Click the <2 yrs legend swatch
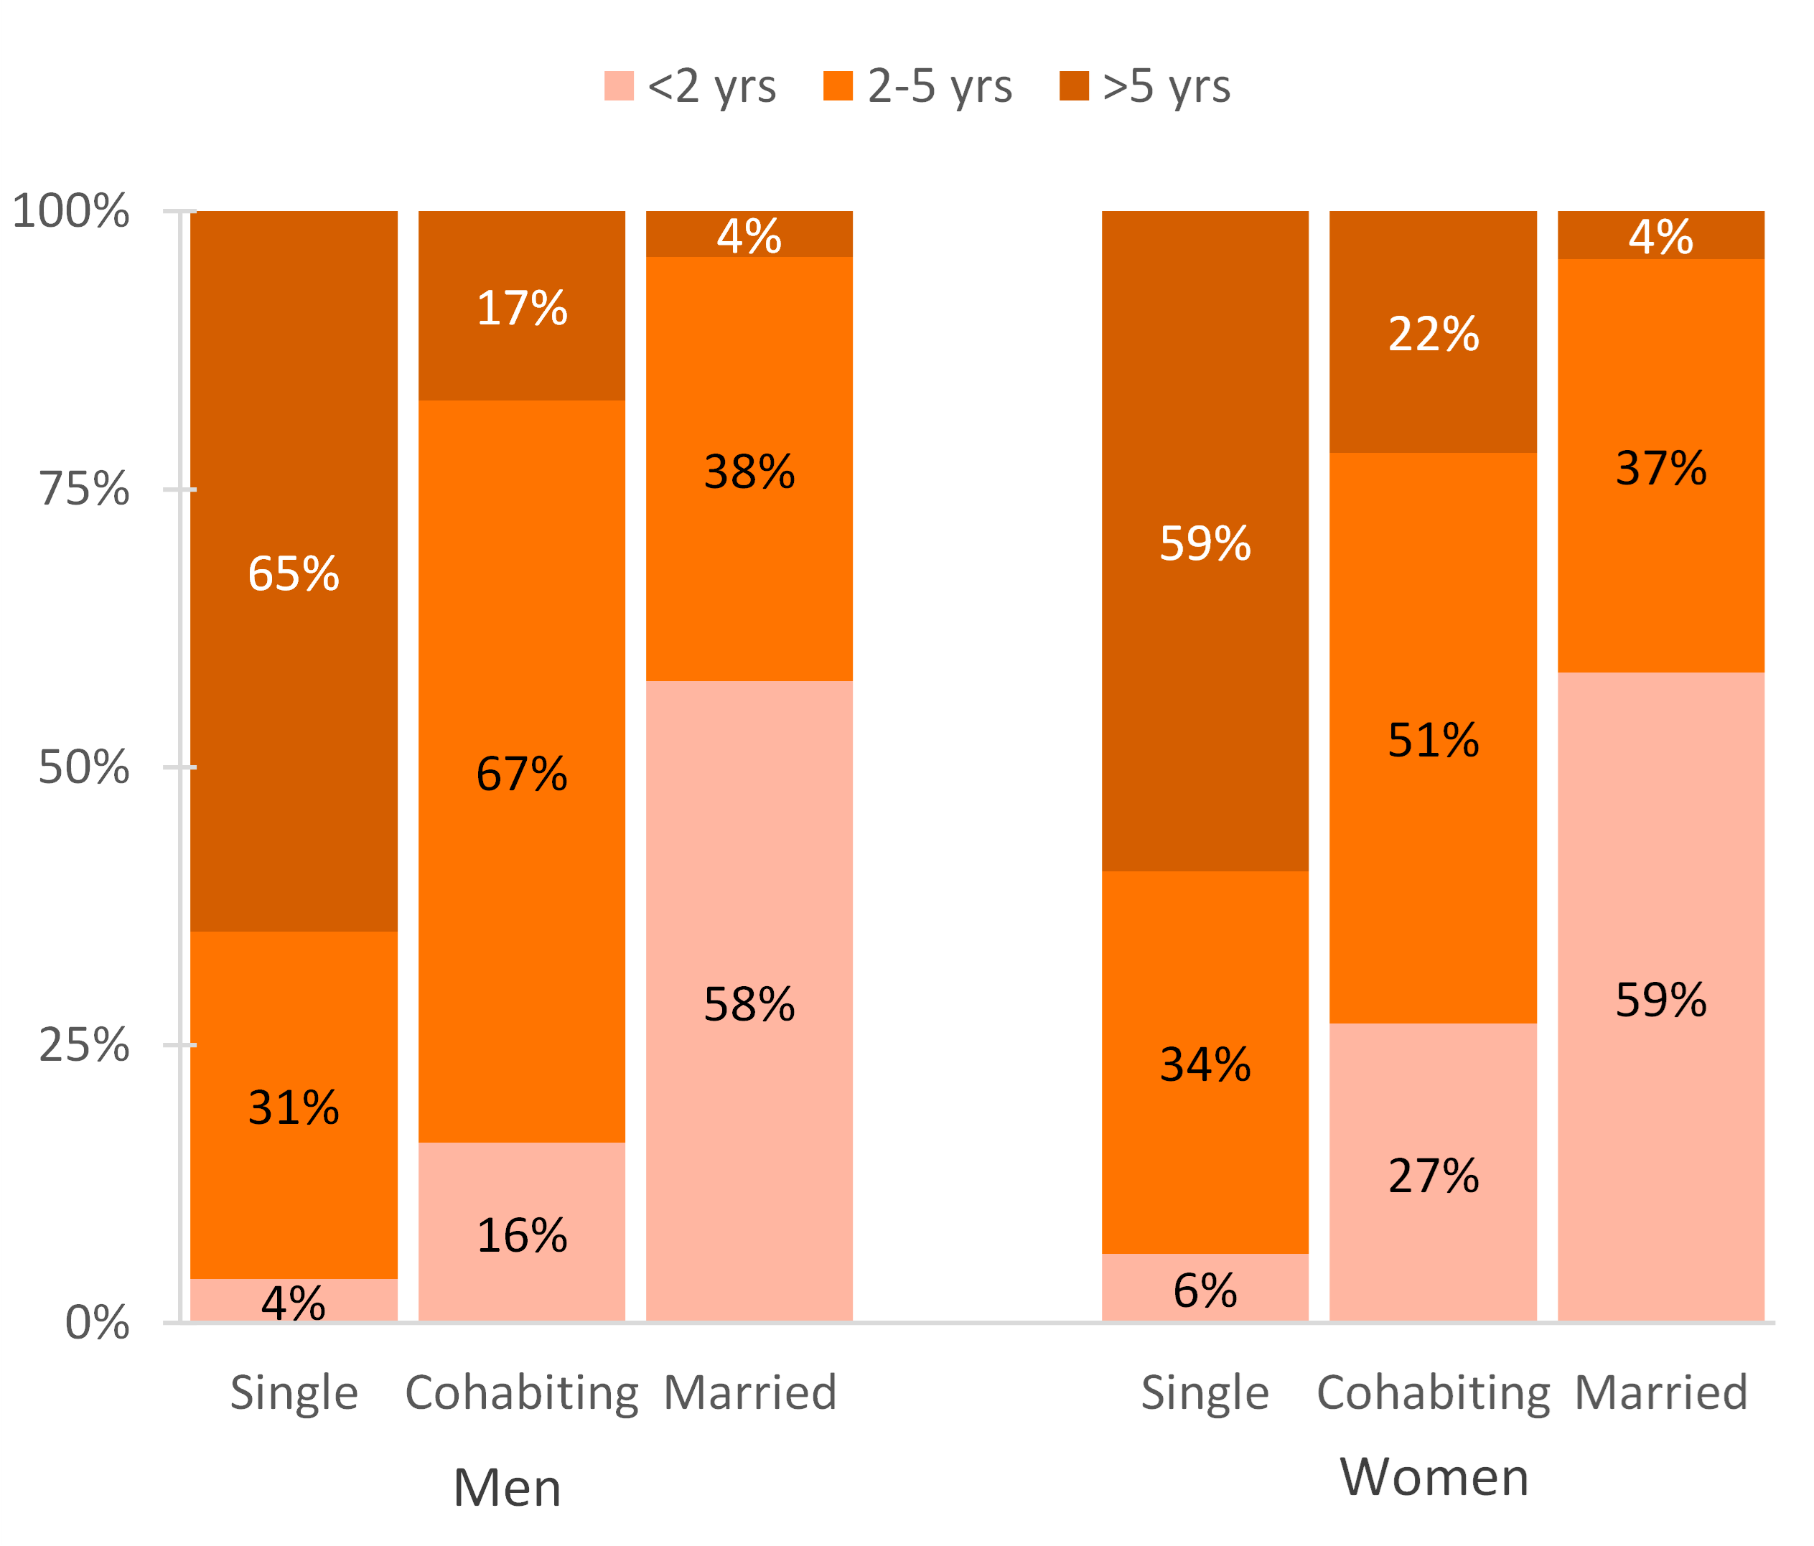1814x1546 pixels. point(619,86)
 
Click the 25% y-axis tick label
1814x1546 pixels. point(84,1044)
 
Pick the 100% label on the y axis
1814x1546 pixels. point(71,211)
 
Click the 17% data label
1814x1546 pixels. point(522,308)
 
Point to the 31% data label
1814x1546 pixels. point(294,1107)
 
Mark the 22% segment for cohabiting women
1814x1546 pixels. point(1433,332)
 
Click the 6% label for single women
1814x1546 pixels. point(1205,1290)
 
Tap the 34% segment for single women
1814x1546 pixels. point(1205,1063)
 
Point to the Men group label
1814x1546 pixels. point(507,1487)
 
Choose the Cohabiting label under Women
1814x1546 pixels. point(1433,1392)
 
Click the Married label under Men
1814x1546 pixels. point(750,1392)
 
